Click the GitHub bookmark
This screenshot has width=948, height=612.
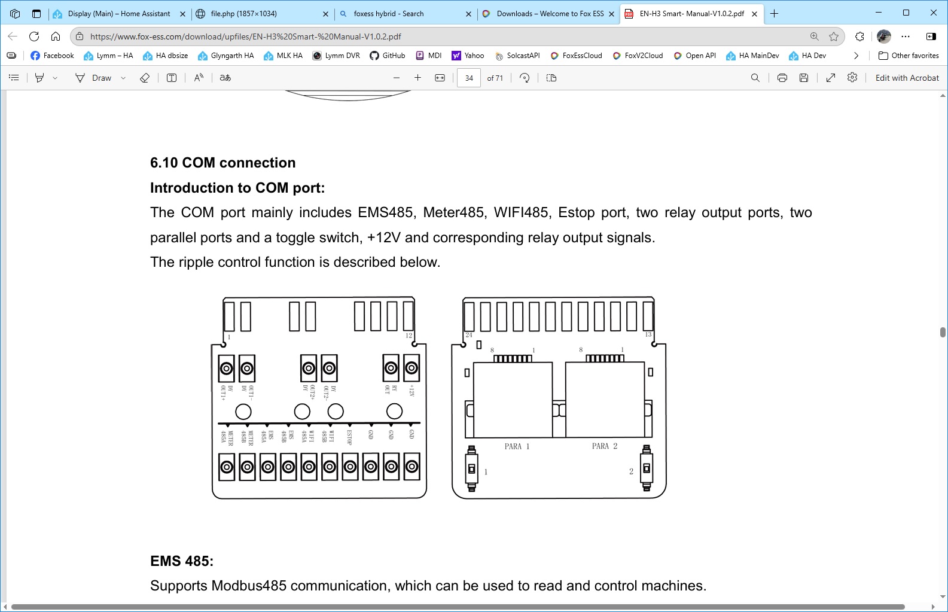point(387,56)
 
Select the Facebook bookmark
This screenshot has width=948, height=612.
point(52,56)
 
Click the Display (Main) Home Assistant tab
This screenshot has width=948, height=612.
point(118,14)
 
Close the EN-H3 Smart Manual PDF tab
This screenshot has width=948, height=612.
point(755,14)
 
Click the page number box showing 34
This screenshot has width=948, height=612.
point(469,78)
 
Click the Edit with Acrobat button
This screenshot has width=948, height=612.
point(907,78)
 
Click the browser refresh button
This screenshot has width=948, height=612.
point(34,36)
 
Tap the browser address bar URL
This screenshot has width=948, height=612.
point(245,36)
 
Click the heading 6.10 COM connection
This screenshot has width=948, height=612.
point(222,163)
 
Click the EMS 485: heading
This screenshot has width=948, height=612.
point(182,561)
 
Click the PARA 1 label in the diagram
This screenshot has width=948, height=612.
point(517,446)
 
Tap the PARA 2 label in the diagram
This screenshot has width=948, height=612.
point(604,446)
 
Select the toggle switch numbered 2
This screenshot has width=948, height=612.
point(647,468)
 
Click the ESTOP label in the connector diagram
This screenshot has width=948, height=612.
point(349,437)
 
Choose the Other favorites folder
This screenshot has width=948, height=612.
point(909,56)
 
